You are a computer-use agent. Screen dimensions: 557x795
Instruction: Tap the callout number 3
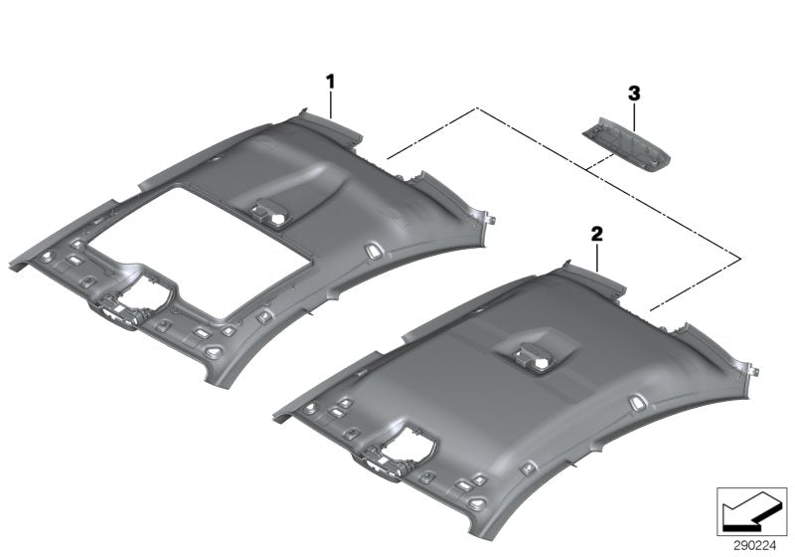coord(635,93)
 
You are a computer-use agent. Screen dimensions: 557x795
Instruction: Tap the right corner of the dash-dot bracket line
coord(739,259)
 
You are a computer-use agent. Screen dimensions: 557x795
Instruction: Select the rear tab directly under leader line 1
coord(338,123)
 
